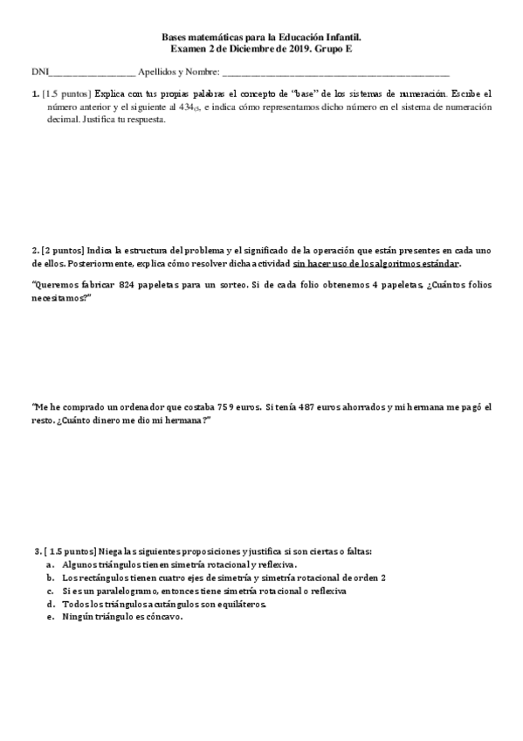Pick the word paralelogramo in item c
pos(114,591)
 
